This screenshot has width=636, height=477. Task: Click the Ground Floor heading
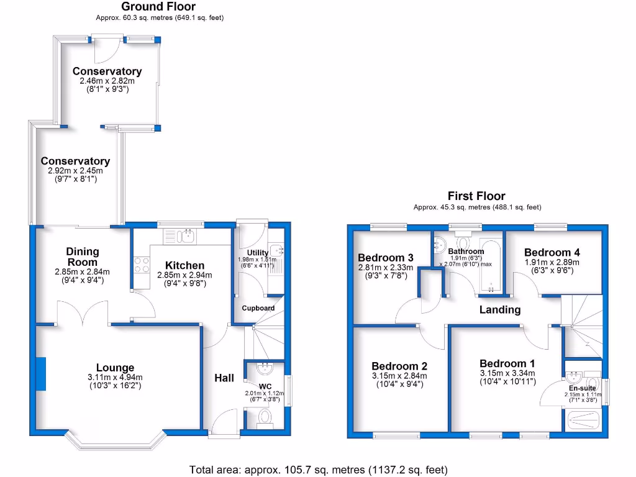coord(159,7)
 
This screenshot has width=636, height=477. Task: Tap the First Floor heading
coord(476,196)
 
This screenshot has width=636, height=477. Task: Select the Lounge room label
coord(115,368)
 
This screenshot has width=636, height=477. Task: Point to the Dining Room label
coord(83,257)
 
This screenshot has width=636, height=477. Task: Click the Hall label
coord(224,378)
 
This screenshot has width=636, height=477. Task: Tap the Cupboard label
coord(258,308)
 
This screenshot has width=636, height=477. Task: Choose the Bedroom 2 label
coord(399,366)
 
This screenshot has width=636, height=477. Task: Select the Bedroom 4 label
coord(552,252)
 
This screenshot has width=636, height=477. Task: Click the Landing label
coord(500,309)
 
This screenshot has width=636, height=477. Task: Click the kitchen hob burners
coord(141,265)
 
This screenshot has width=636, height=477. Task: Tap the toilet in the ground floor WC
coord(265,417)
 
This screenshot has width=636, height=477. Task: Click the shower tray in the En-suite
coord(582,420)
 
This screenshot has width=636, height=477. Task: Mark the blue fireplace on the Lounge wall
coord(40,374)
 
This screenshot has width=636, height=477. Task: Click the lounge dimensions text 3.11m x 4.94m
coord(115,377)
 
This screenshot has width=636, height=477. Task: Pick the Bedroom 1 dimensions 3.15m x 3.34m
coord(507,373)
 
